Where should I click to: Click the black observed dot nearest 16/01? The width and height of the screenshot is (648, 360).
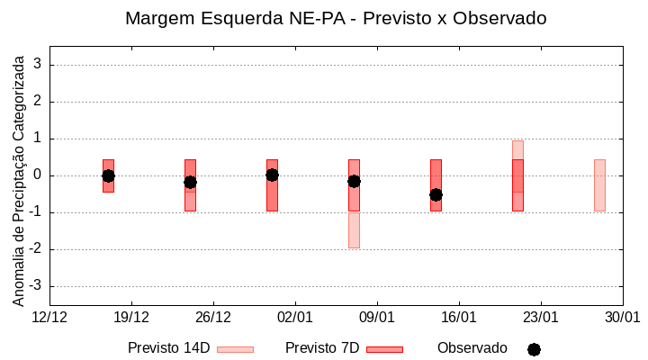(436, 194)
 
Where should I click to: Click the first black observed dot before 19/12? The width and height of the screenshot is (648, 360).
(108, 175)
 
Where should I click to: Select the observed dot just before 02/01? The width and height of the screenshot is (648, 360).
(272, 175)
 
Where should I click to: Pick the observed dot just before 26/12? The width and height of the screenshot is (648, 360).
(190, 182)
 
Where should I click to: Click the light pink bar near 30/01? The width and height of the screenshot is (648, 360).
(599, 184)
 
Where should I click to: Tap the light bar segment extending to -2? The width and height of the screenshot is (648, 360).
(354, 229)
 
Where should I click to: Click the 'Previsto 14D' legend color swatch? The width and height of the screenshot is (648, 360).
(235, 349)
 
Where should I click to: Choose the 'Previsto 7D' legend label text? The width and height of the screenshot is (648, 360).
(321, 348)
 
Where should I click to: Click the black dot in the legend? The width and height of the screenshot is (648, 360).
(534, 349)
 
